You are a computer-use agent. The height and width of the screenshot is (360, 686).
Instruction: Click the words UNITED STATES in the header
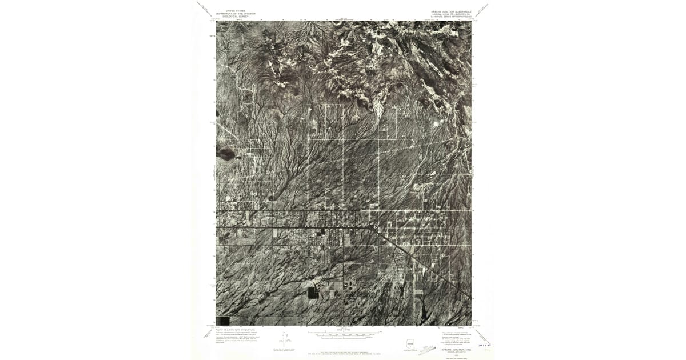[x=234, y=10]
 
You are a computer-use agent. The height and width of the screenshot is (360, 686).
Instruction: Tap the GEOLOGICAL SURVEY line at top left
[x=234, y=17]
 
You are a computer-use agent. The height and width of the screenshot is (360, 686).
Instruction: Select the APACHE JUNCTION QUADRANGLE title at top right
[x=451, y=10]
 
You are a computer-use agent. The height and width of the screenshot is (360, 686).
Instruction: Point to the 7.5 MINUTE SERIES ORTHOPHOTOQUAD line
[x=451, y=17]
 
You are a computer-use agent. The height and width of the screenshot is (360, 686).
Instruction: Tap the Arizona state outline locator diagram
[x=409, y=345]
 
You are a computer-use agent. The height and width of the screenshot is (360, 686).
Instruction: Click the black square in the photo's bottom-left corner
[x=222, y=321]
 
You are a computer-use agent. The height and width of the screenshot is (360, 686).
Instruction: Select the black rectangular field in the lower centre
[x=313, y=293]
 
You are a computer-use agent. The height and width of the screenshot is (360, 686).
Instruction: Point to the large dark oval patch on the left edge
[x=225, y=154]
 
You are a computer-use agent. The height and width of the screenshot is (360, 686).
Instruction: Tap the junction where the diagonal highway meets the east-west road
[x=375, y=227]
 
